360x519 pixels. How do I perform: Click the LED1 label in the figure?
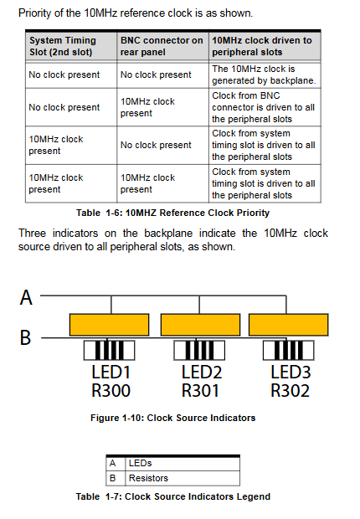pyautogui.click(x=111, y=372)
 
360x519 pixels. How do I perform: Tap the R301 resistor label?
pyautogui.click(x=200, y=391)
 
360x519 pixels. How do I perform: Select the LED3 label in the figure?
pyautogui.click(x=291, y=372)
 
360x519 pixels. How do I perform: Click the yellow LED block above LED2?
pyautogui.click(x=200, y=325)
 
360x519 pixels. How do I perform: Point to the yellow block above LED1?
pyautogui.click(x=110, y=325)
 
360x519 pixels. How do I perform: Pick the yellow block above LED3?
pyautogui.click(x=289, y=325)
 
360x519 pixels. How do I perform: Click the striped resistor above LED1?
pyautogui.click(x=110, y=350)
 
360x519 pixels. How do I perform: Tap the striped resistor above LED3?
pyautogui.click(x=289, y=350)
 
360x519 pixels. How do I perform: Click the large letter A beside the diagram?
pyautogui.click(x=26, y=297)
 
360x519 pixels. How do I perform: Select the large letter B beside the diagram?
pyautogui.click(x=25, y=337)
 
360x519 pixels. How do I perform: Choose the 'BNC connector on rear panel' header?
pyautogui.click(x=162, y=46)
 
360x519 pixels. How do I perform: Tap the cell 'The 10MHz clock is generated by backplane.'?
pyautogui.click(x=264, y=75)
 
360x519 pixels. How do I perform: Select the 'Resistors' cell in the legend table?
pyautogui.click(x=148, y=478)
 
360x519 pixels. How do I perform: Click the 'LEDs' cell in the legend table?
pyautogui.click(x=140, y=463)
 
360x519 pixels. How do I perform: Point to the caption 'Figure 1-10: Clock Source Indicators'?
pyautogui.click(x=172, y=418)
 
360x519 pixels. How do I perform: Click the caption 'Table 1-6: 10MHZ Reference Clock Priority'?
pyautogui.click(x=172, y=213)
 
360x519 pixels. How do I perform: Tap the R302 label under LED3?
pyautogui.click(x=291, y=391)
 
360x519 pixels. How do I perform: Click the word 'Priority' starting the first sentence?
pyautogui.click(x=33, y=13)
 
